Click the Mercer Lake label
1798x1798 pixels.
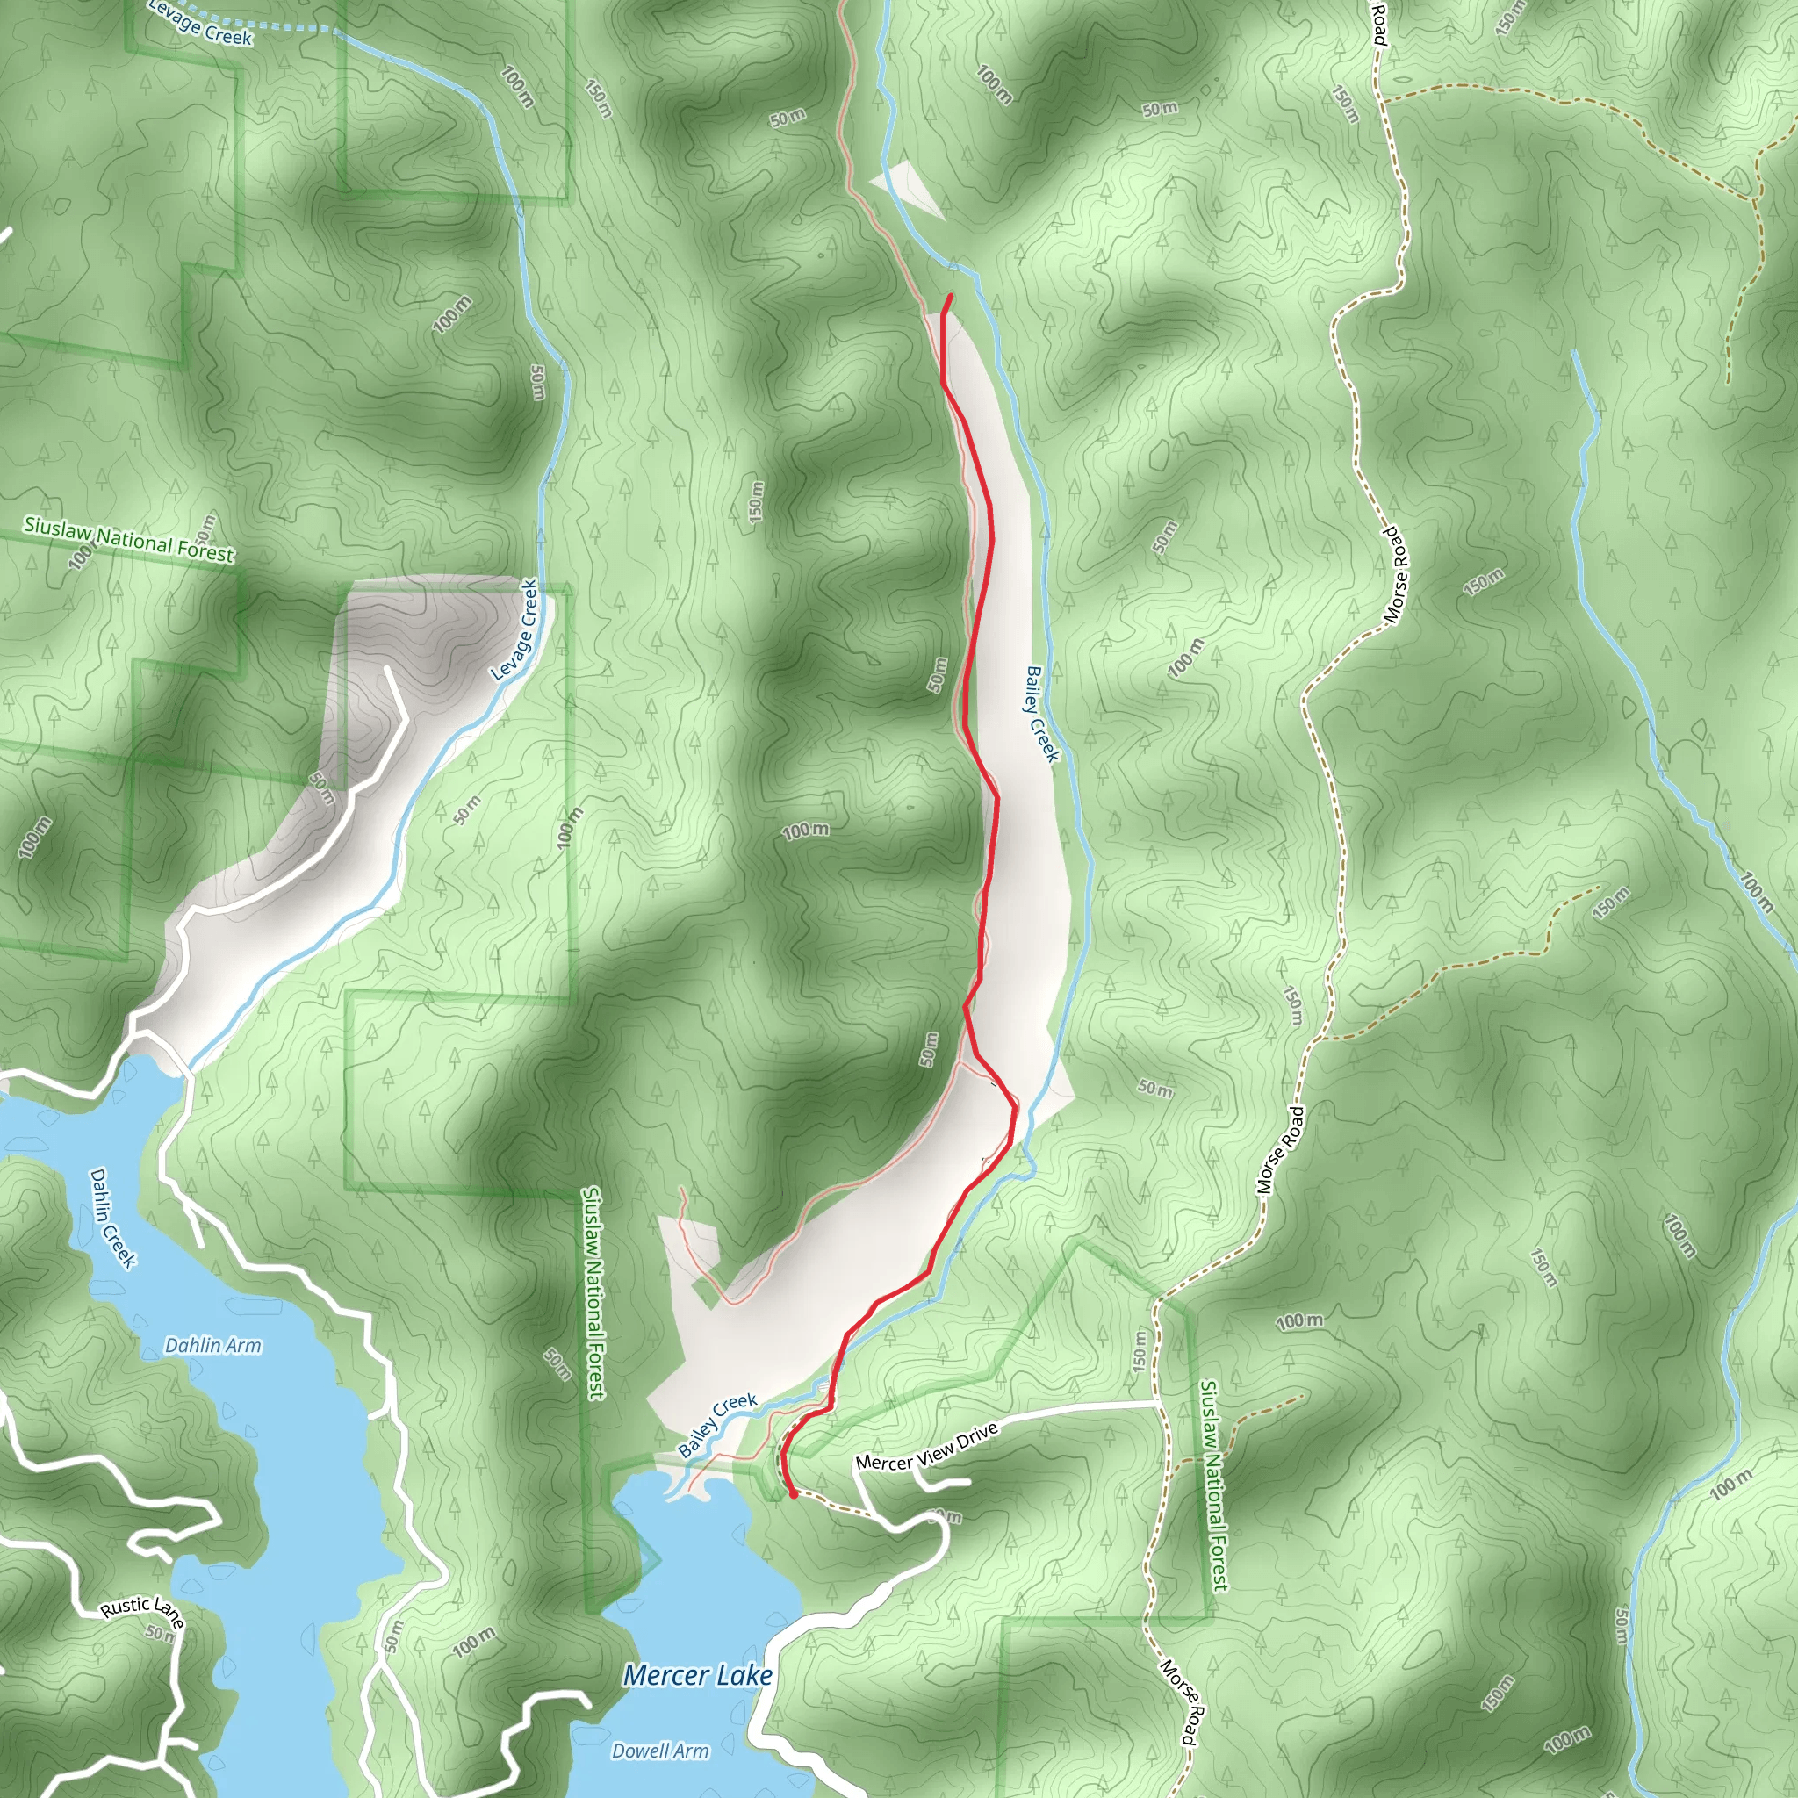pos(698,1676)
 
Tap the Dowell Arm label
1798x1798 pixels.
pos(660,1751)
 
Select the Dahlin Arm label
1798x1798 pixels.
pos(213,1346)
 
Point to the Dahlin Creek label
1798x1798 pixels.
pos(112,1219)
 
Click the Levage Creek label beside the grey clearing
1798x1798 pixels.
pos(514,630)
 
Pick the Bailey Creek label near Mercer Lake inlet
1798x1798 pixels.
pos(716,1425)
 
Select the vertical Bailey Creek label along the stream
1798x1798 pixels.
pos(1042,714)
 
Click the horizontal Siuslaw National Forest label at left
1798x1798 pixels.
pos(128,540)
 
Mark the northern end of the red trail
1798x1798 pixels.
pos(950,296)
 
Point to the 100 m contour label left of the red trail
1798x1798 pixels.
pos(805,831)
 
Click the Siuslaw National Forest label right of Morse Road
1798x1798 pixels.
pos(1214,1486)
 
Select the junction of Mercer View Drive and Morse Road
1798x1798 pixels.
pos(1159,1401)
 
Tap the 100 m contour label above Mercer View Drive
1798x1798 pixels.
pos(1299,1321)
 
